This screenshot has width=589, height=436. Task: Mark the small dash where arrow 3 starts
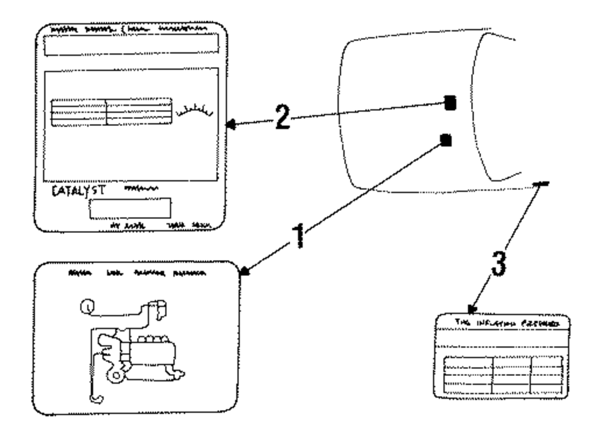click(x=540, y=185)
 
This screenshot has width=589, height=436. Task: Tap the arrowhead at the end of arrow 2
click(x=230, y=124)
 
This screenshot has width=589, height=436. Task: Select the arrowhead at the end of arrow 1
click(x=245, y=271)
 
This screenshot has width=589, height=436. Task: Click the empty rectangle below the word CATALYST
click(x=130, y=208)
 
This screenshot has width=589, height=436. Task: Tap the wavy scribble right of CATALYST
click(x=141, y=189)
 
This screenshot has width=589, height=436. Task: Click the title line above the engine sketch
click(x=137, y=274)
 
